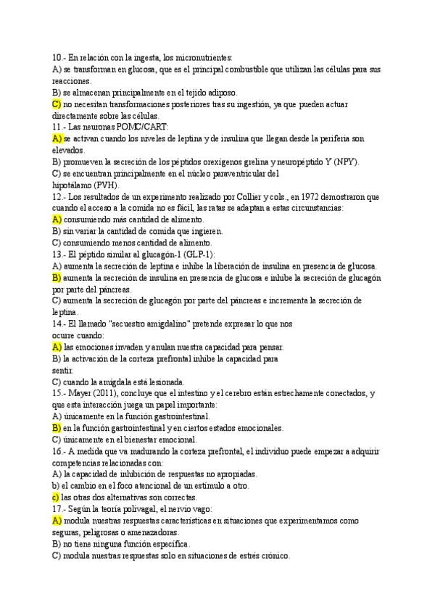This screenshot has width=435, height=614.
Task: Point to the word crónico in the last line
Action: click(x=273, y=555)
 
